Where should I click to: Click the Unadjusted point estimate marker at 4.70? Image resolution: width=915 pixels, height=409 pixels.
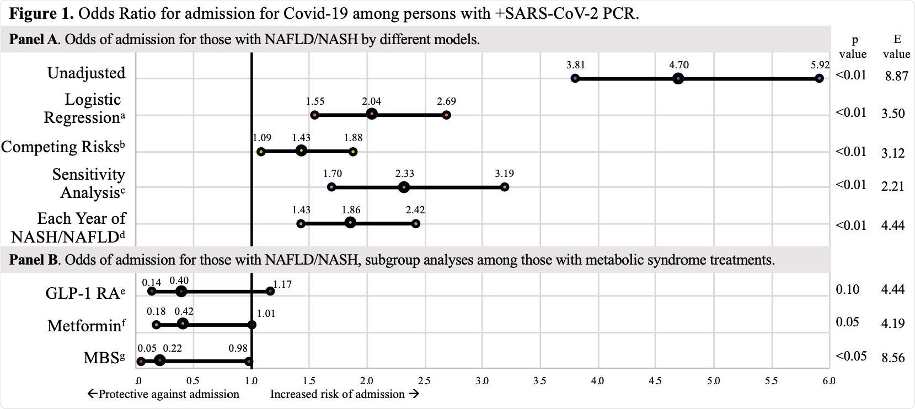tap(678, 79)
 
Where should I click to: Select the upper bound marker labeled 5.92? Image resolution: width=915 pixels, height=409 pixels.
tap(819, 79)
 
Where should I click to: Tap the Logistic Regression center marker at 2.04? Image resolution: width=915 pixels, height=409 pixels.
tap(372, 114)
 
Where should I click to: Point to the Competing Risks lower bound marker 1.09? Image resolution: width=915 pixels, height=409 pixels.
tap(261, 152)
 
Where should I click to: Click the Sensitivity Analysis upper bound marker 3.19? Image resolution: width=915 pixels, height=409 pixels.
tap(505, 187)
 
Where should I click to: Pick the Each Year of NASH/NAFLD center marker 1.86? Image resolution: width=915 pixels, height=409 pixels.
tap(350, 223)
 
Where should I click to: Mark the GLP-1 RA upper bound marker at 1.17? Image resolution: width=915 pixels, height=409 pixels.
tap(270, 291)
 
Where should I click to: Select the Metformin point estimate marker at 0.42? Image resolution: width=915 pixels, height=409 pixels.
tap(183, 324)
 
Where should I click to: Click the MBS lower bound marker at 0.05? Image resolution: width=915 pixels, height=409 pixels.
tap(141, 362)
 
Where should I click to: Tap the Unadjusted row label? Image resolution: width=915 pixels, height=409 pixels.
tap(86, 73)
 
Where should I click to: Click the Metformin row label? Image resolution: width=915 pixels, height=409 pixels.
tap(86, 325)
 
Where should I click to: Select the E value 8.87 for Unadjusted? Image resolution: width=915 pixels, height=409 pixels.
tap(896, 76)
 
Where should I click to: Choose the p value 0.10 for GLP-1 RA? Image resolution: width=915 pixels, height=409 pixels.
tap(847, 289)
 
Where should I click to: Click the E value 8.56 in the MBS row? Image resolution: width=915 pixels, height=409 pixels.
tap(893, 358)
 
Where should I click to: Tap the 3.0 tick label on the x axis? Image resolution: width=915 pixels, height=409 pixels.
tap(482, 380)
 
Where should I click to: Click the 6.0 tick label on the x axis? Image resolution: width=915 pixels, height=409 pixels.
tap(828, 380)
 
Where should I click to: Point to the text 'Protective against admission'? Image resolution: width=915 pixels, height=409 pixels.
tap(164, 394)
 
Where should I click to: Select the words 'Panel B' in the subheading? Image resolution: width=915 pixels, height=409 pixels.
tap(34, 260)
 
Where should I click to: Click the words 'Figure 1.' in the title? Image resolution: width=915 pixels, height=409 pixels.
tap(41, 14)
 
